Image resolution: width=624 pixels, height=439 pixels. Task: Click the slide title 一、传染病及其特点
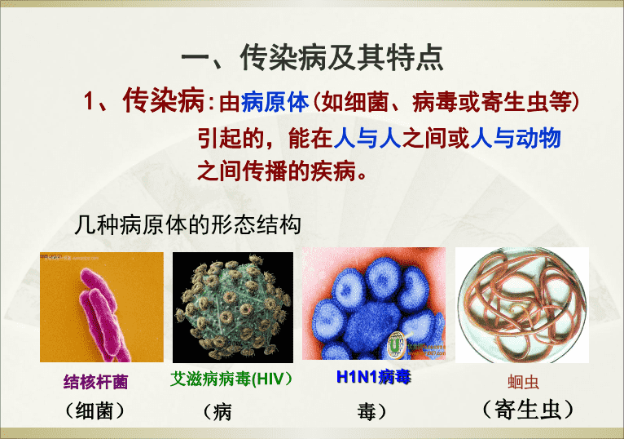312,58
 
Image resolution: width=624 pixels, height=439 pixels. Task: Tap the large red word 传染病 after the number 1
164,100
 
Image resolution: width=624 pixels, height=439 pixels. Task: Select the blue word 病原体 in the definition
275,102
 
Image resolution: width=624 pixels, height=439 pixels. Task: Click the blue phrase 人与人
367,139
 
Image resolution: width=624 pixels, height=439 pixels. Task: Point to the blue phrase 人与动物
516,139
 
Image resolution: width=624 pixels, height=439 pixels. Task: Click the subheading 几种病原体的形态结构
188,225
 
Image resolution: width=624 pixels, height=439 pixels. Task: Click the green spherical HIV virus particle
233,307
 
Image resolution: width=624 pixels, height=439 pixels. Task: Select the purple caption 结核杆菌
96,382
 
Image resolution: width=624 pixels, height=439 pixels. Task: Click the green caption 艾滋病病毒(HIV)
231,379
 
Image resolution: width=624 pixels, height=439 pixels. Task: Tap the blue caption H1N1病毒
373,377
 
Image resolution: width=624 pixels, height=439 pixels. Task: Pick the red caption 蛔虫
523,382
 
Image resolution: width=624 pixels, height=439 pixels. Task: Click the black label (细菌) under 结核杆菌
94,410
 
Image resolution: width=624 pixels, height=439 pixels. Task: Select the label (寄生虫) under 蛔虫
528,410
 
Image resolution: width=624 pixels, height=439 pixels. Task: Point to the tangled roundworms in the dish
522,305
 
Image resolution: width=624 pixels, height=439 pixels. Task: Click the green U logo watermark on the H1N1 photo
396,344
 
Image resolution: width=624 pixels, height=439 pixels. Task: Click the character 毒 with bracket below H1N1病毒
371,411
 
